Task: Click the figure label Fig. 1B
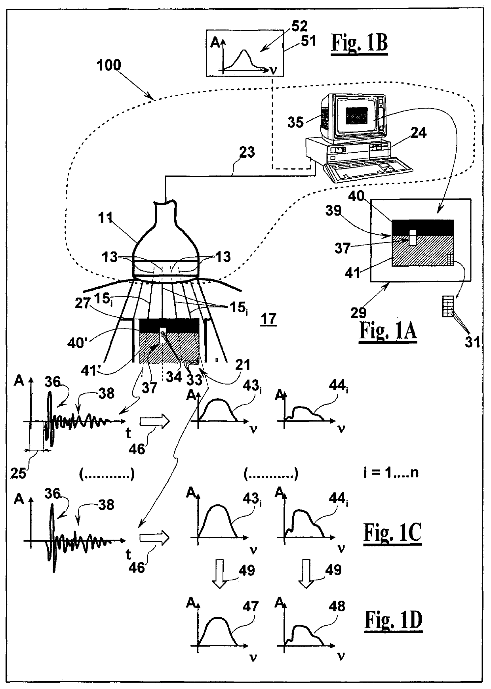click(359, 43)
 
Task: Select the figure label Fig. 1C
click(392, 533)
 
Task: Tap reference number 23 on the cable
click(247, 152)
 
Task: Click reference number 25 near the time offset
click(18, 472)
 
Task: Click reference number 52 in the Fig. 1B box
click(299, 26)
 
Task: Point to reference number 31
click(472, 341)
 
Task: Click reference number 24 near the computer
click(418, 132)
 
